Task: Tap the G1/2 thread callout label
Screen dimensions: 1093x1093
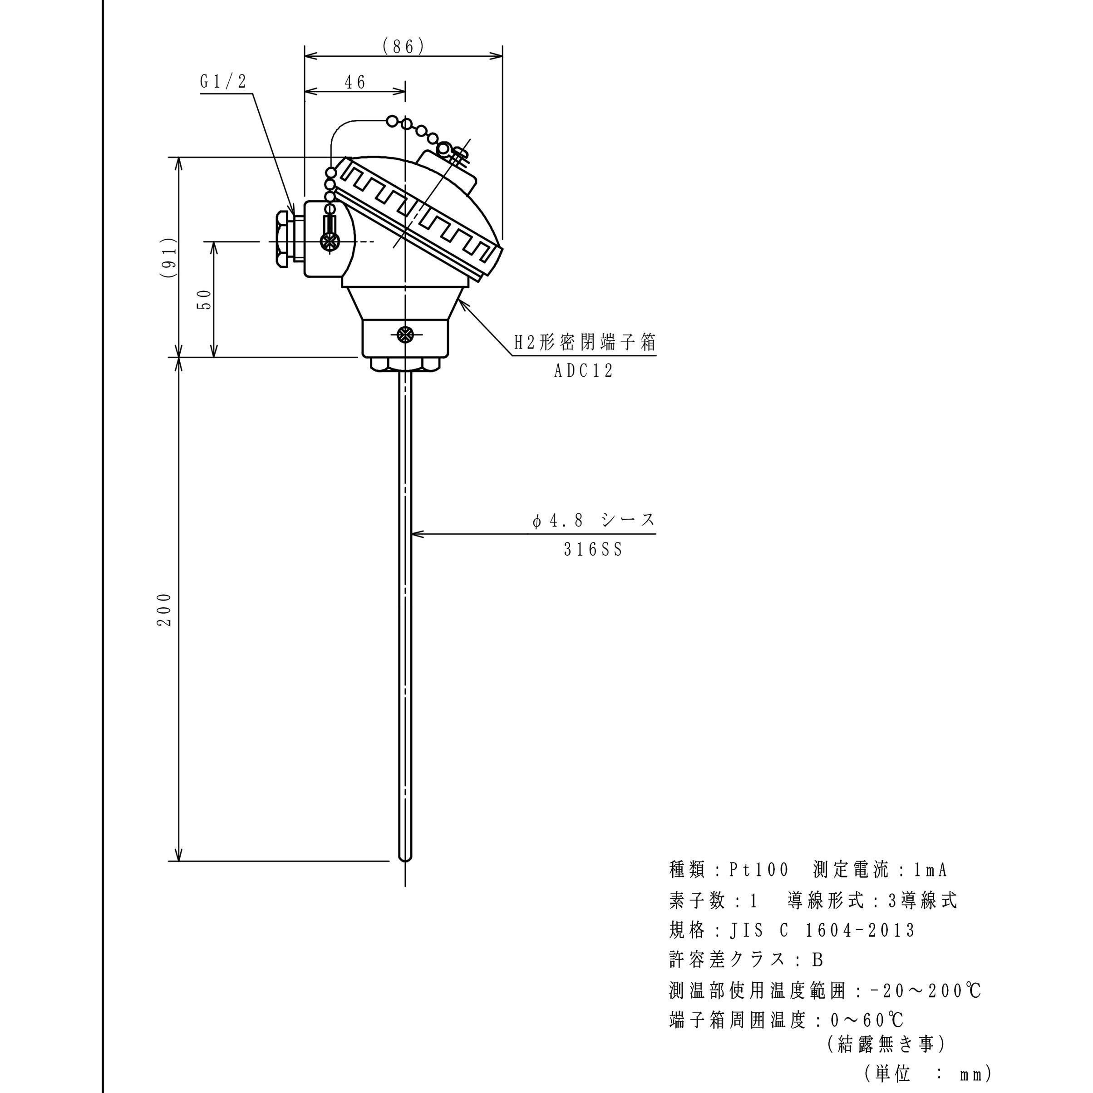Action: (223, 82)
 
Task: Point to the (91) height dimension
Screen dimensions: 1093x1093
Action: (168, 257)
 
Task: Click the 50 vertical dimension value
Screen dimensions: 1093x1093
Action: (204, 299)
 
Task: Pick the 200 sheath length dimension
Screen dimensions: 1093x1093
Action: (165, 609)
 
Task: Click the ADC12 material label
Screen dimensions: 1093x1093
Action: (584, 371)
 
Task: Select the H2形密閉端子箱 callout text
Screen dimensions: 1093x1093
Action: (585, 343)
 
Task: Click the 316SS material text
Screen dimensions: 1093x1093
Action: (593, 549)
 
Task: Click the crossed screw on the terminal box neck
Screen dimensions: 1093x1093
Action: (405, 335)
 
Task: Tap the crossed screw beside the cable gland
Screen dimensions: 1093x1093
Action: (329, 241)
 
